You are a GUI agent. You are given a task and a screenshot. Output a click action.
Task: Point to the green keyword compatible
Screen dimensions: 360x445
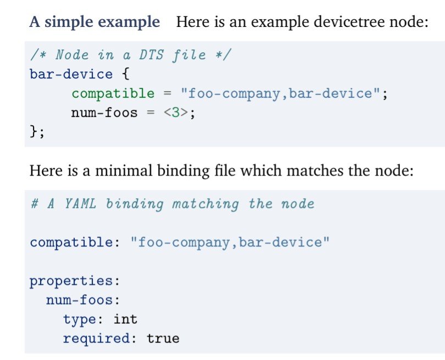(x=113, y=93)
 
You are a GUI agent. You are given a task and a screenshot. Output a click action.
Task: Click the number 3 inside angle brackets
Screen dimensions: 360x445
(x=178, y=113)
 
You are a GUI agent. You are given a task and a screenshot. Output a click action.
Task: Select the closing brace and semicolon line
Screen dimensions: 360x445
(x=37, y=132)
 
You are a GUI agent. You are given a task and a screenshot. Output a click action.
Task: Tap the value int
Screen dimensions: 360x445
(x=125, y=319)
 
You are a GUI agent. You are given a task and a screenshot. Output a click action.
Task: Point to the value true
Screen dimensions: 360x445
(x=163, y=338)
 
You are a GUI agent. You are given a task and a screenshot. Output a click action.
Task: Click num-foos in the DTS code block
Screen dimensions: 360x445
(x=104, y=113)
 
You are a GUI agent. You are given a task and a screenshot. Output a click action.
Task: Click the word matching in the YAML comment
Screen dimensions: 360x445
(x=205, y=204)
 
